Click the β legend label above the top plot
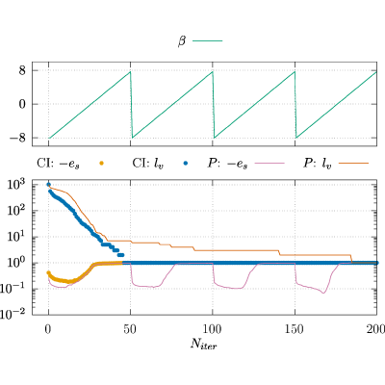[x=182, y=41]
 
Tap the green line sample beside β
[x=207, y=41]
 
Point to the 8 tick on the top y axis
[x=22, y=70]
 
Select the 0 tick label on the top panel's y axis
[x=22, y=104]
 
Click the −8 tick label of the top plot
[x=17, y=138]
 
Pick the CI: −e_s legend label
[x=58, y=164]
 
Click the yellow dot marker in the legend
[x=101, y=164]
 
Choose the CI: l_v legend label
[x=147, y=164]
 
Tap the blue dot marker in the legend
[x=185, y=164]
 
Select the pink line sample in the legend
[x=269, y=164]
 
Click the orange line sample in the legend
[x=353, y=164]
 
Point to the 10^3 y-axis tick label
[x=15, y=185]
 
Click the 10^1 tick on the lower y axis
[x=15, y=238]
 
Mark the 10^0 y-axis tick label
[x=15, y=264]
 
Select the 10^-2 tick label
[x=13, y=315]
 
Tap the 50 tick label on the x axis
[x=130, y=329]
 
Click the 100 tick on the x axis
[x=213, y=329]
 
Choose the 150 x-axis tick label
[x=295, y=329]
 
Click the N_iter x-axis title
[x=204, y=344]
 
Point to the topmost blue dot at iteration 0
[x=48, y=185]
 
